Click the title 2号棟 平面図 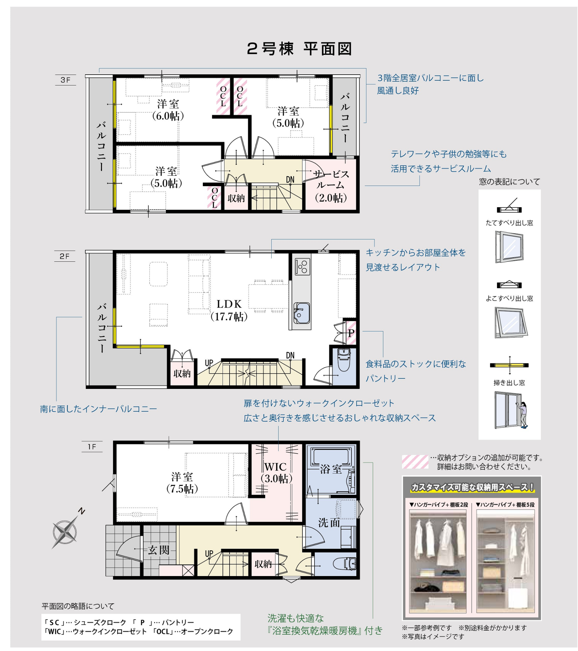point(299,49)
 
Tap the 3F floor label point(65,80)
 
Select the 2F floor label point(64,256)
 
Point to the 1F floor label point(92,447)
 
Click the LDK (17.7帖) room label point(229,310)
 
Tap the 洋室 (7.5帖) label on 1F point(182,483)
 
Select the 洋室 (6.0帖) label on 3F point(168,110)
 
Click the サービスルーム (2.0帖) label point(331,186)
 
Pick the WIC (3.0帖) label point(276,472)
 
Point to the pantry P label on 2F point(351,333)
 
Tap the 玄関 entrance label point(158,550)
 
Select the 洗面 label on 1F point(329,522)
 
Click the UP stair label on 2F point(209,363)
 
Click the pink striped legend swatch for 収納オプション point(415,461)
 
